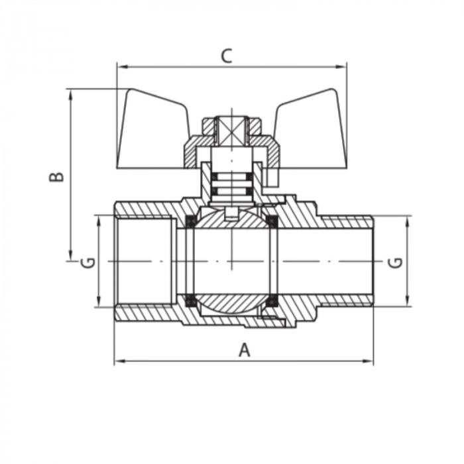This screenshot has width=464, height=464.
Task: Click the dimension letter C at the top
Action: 227,56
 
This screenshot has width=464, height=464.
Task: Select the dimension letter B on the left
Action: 58,176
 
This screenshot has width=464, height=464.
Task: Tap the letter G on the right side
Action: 396,262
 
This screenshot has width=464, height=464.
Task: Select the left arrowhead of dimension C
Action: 120,66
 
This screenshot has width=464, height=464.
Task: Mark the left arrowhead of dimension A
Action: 118,361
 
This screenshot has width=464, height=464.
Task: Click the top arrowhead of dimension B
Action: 70,93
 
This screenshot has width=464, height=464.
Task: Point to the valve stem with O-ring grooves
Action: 231,183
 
